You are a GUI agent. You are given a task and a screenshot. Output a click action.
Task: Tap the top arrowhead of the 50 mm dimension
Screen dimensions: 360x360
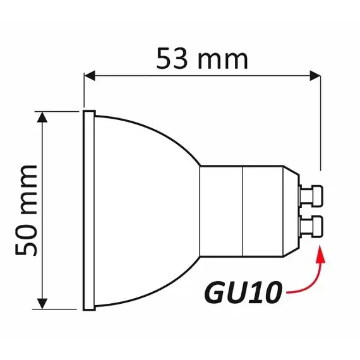point(44,116)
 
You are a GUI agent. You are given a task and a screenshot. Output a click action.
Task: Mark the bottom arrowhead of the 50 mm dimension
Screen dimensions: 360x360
point(44,304)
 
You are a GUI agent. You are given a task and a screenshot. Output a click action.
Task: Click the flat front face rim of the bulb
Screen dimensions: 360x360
point(88,210)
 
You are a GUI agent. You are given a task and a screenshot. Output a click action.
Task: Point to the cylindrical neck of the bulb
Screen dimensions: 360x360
point(221,210)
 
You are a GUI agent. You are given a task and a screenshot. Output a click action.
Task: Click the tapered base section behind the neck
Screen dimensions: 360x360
point(270,210)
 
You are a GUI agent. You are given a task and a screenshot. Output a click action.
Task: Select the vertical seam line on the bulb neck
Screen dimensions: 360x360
point(243,210)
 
